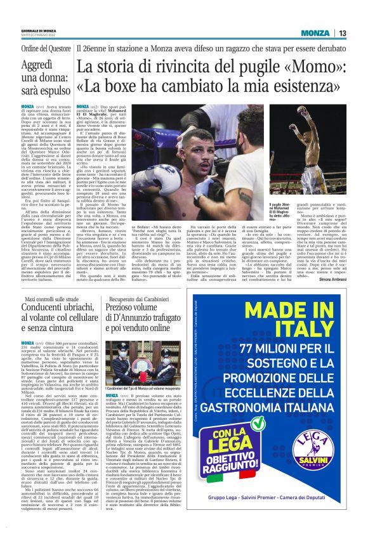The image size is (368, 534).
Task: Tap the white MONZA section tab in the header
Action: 315,33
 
